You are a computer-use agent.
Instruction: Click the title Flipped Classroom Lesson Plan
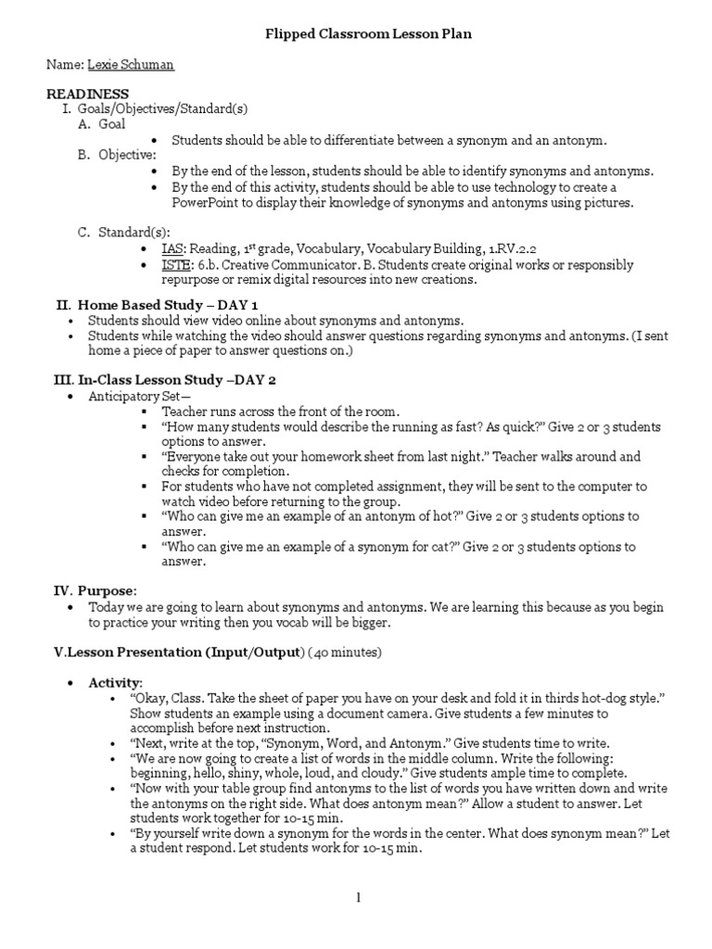(x=356, y=34)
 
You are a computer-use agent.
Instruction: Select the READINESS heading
(x=88, y=95)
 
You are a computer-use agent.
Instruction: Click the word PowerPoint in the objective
(x=206, y=203)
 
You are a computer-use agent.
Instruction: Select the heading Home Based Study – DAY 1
(x=168, y=304)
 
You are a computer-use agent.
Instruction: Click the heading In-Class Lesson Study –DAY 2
(x=176, y=380)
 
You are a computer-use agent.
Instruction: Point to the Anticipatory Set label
(x=130, y=396)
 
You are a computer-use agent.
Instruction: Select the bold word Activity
(x=115, y=682)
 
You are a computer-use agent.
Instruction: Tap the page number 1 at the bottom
(x=356, y=897)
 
